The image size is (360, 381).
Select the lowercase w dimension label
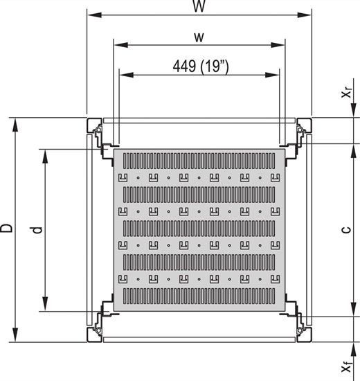tap(199, 36)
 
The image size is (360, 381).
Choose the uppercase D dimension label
tap(8, 229)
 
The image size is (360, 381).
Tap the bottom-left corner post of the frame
tap(96, 332)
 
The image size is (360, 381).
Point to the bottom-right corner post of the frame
tap(303, 332)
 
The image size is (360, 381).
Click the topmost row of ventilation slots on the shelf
tap(199, 161)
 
